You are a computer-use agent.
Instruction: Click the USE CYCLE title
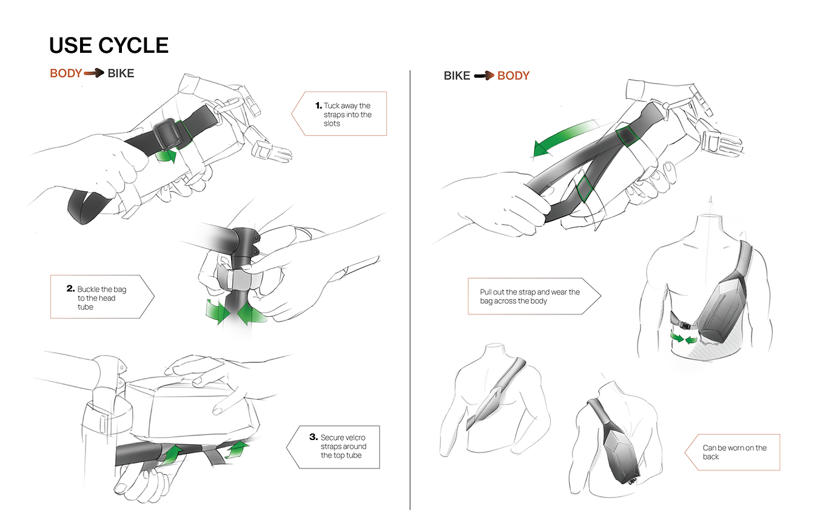(x=109, y=46)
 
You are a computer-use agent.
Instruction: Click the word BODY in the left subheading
(x=66, y=73)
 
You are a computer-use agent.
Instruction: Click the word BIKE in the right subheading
(x=457, y=76)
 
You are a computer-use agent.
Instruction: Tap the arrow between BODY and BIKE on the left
(x=94, y=73)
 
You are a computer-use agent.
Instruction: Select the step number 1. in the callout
(x=318, y=106)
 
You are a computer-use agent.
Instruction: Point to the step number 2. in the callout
(x=70, y=288)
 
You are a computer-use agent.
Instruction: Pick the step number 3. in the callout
(x=313, y=437)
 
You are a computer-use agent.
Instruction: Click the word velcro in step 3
(x=354, y=438)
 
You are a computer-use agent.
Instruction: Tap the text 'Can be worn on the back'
(x=735, y=452)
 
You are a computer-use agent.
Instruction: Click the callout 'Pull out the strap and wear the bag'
(x=530, y=296)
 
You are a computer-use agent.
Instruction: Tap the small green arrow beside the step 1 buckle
(x=166, y=156)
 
